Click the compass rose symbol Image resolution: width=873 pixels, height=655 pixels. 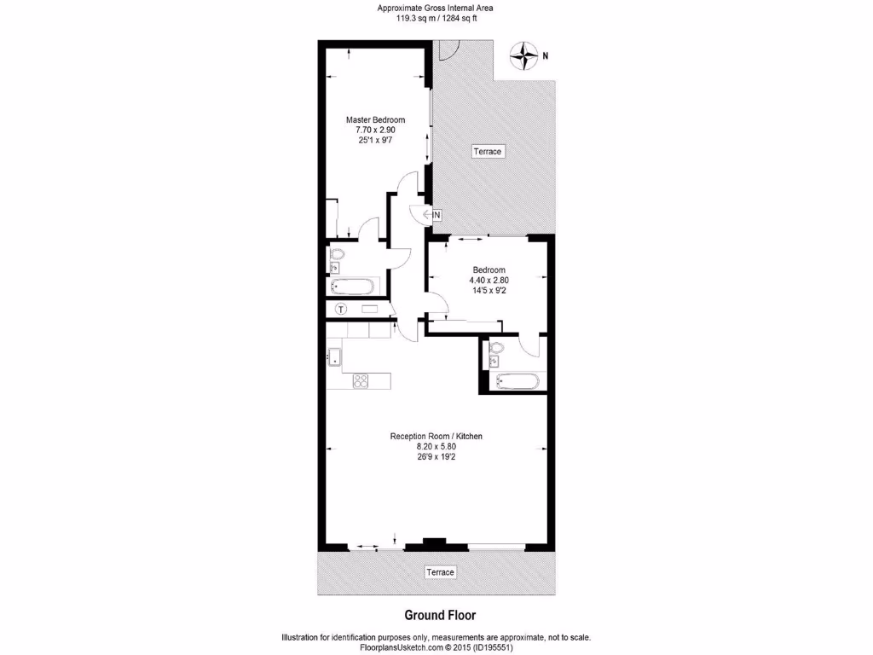click(522, 56)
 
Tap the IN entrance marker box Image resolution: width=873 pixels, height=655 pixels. click(436, 215)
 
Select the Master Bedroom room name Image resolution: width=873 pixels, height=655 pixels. click(375, 120)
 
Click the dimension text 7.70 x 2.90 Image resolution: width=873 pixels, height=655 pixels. click(375, 130)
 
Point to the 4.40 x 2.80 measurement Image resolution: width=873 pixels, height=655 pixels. click(489, 280)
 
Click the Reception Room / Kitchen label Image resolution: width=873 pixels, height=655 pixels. click(436, 437)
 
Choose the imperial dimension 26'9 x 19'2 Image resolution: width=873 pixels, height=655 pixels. click(436, 456)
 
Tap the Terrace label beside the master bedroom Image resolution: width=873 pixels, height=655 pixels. click(489, 152)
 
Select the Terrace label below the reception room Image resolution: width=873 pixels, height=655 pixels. click(440, 571)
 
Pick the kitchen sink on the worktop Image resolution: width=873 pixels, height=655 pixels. click(333, 356)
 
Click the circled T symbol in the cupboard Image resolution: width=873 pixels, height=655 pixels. click(341, 309)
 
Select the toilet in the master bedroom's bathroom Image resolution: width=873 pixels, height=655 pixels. click(336, 255)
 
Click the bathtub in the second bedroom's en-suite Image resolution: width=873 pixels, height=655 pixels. click(516, 381)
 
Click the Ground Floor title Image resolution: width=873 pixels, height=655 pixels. click(439, 615)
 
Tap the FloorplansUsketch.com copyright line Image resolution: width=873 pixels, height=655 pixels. click(436, 647)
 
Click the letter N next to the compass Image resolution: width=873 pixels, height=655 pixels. click(546, 56)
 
